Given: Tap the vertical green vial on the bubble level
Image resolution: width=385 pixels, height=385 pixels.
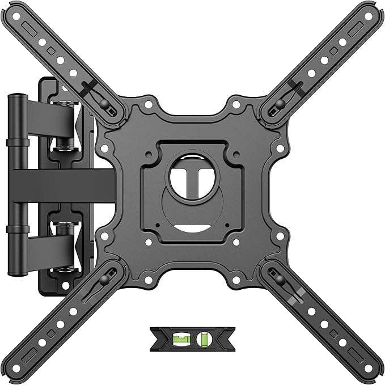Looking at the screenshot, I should tap(203, 340).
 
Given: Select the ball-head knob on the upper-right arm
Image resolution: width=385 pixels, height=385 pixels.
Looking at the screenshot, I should tap(281, 103).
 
